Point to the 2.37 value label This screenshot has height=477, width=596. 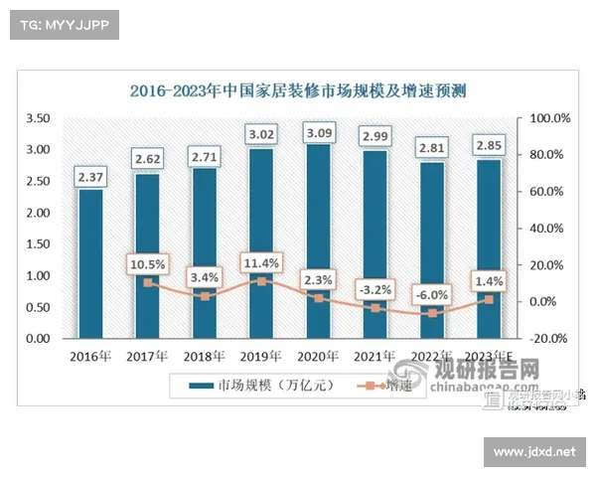click(x=90, y=177)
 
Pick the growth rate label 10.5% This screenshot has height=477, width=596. click(x=147, y=264)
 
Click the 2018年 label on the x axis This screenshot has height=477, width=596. click(x=205, y=354)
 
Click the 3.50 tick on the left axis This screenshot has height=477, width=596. click(x=37, y=118)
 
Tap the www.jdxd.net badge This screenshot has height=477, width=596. click(x=533, y=452)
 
